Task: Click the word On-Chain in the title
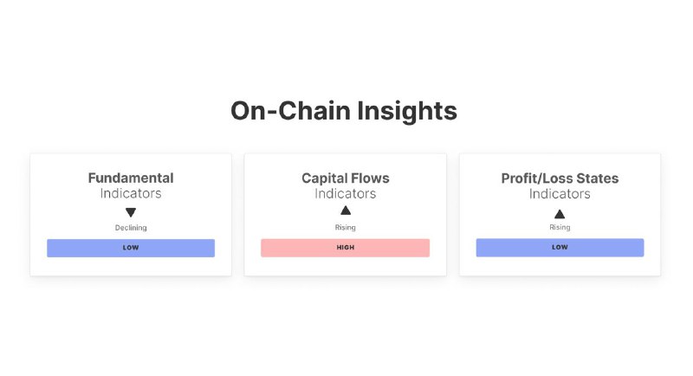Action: coord(291,110)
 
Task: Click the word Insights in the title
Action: coord(407,112)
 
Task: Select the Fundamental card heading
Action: coord(131,178)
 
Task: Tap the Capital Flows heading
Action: coord(345,178)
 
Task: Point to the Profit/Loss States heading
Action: coord(560,178)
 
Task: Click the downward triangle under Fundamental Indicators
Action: coord(131,212)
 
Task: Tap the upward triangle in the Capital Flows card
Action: coord(346,211)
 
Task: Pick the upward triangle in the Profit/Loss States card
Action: coord(560,214)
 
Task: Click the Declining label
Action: coord(131,228)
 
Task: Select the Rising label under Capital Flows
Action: coord(345,227)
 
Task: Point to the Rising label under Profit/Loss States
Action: coord(560,227)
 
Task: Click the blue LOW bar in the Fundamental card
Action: coord(131,248)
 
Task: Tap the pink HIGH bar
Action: coord(345,248)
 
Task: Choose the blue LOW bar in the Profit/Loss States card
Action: coord(560,248)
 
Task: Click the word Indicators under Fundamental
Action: coord(131,193)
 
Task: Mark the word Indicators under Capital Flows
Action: coord(345,193)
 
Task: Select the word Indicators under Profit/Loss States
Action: coord(560,193)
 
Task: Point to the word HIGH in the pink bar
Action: coord(345,248)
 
